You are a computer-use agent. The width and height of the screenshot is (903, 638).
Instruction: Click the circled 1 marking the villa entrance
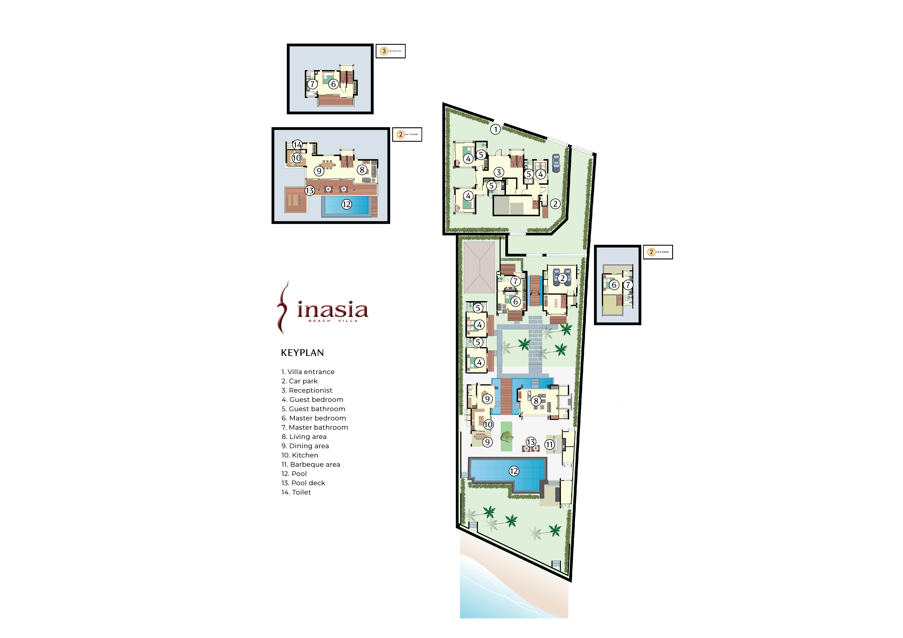click(496, 129)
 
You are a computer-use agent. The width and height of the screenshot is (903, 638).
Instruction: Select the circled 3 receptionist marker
click(499, 172)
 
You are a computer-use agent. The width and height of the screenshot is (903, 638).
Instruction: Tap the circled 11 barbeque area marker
click(549, 444)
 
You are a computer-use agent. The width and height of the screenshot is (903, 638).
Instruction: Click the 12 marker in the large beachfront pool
click(514, 471)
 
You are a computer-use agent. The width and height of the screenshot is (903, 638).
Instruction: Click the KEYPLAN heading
click(302, 353)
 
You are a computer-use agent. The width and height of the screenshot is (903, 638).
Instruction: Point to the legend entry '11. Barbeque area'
click(311, 465)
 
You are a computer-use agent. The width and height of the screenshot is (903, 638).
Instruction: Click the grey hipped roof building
click(479, 267)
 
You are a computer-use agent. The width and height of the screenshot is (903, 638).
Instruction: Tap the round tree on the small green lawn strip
click(507, 436)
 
